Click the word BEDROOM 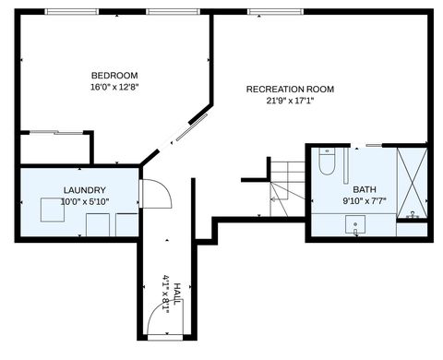click(114, 75)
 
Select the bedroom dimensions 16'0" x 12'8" click(114, 87)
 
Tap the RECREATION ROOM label click(290, 89)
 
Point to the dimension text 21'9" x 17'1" click(290, 101)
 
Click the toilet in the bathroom click(326, 163)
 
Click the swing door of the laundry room click(154, 194)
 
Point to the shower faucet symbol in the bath click(413, 216)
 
